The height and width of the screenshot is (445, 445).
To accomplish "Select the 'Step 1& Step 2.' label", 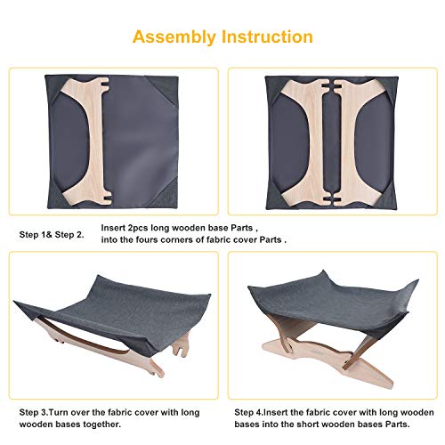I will pyautogui.click(x=51, y=235).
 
